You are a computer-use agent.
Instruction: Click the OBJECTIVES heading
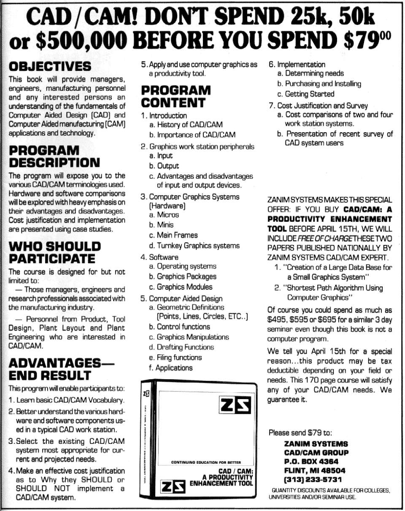pyautogui.click(x=50, y=66)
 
